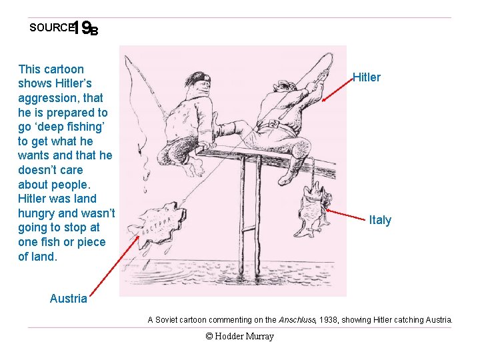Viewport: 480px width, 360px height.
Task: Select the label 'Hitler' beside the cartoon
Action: click(366, 77)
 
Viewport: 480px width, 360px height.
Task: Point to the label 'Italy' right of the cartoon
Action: click(380, 220)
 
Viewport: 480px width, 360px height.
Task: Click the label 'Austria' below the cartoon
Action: click(68, 299)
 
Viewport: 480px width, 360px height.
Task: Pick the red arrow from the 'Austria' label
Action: click(114, 264)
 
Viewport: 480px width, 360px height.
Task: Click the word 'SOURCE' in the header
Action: click(50, 28)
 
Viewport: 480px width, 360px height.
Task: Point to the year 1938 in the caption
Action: click(329, 320)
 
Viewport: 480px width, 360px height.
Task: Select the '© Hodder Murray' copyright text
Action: click(240, 337)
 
